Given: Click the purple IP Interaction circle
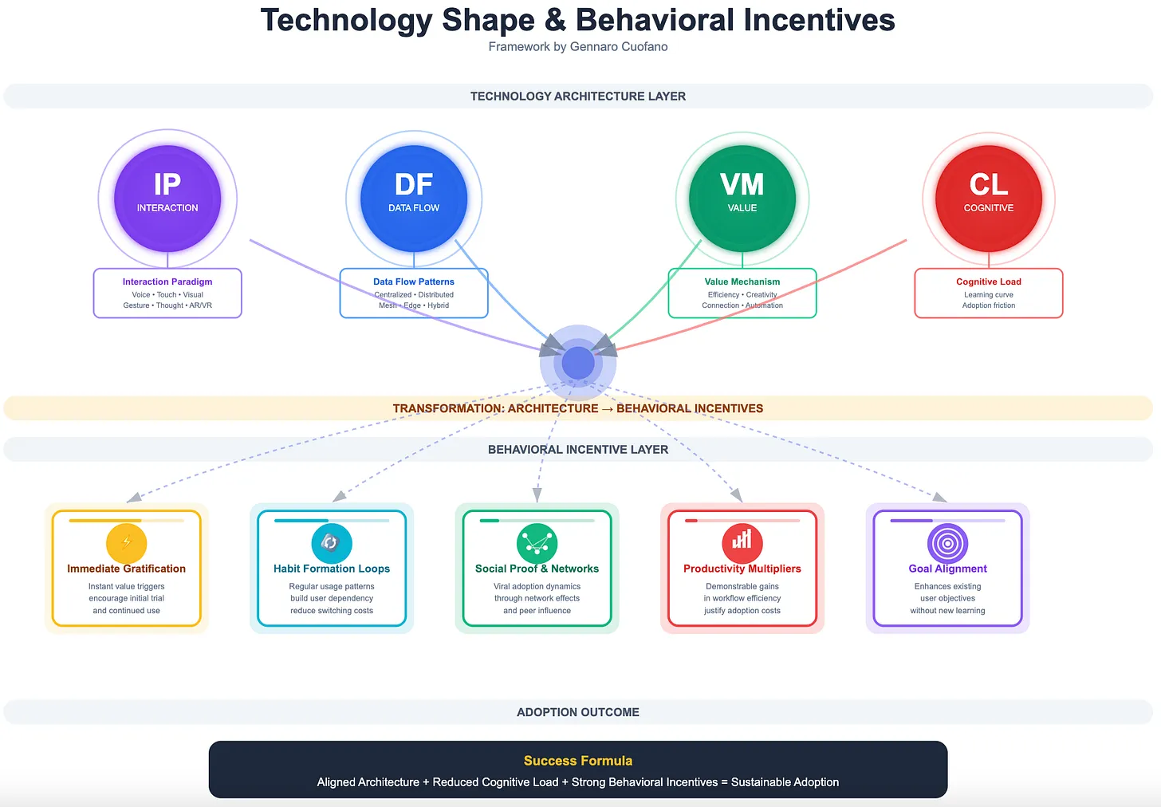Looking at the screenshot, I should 167,199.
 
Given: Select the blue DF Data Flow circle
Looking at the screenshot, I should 414,199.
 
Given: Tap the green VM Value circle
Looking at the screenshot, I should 742,199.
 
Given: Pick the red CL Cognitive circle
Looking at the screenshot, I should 989,199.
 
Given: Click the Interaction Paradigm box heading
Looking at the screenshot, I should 167,281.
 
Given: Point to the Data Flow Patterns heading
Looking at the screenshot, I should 414,281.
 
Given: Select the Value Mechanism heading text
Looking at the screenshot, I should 742,281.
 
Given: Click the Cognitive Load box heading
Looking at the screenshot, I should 989,281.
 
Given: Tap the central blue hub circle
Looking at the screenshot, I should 578,363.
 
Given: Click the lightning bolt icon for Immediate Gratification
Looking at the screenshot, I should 126,543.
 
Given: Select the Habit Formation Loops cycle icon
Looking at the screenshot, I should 332,543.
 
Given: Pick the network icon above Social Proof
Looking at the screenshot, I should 537,543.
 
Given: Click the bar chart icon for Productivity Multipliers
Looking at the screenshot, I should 742,543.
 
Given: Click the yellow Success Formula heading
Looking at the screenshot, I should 578,761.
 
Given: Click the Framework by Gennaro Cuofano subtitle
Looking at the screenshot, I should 578,47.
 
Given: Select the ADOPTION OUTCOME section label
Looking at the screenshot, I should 578,712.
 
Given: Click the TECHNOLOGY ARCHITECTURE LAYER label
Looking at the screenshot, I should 578,96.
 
